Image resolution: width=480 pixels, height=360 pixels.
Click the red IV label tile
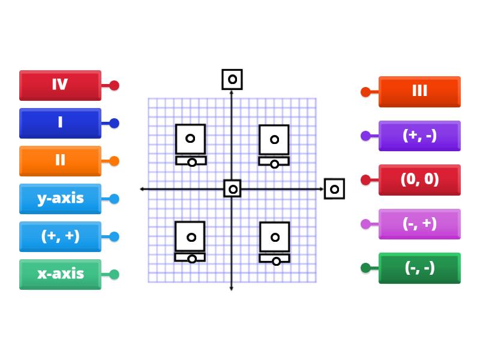[60, 85]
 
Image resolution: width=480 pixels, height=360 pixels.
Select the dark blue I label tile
[60, 122]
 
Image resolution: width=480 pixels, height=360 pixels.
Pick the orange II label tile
[60, 160]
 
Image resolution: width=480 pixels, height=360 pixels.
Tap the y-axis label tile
[60, 198]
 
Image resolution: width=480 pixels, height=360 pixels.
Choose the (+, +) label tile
[60, 236]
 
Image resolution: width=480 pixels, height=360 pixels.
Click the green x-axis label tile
[60, 274]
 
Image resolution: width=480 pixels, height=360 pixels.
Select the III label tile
[419, 91]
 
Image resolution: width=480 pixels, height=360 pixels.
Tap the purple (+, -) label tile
[419, 135]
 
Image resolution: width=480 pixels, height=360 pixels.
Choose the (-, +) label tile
[419, 223]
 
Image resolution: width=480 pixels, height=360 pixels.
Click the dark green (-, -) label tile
[419, 268]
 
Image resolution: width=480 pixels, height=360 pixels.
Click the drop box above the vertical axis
[232, 79]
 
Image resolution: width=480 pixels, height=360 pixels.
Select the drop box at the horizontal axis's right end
[334, 189]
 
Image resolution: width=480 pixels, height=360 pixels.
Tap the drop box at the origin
[233, 188]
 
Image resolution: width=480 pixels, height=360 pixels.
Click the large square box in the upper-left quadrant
[190, 139]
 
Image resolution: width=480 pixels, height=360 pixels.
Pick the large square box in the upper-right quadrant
[274, 139]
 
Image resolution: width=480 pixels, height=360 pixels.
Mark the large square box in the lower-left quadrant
[190, 236]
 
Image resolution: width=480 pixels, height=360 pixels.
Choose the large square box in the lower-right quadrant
[275, 237]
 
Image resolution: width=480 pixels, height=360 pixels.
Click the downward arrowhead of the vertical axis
[232, 289]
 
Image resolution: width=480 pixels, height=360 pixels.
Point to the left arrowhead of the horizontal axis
[142, 189]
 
